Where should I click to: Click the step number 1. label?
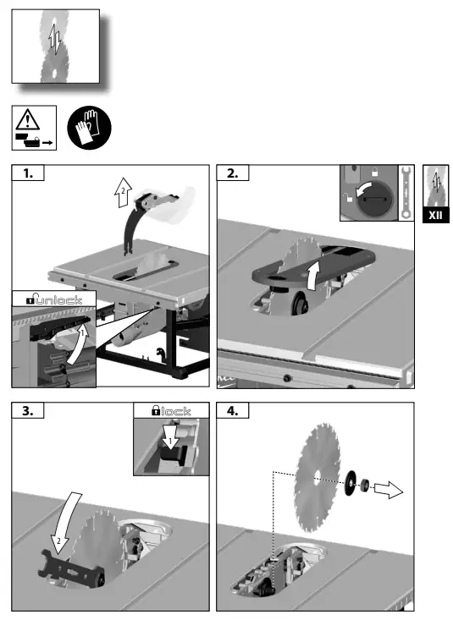click(29, 173)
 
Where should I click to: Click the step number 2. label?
click(233, 173)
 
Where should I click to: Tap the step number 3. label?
click(29, 412)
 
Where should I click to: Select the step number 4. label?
click(233, 412)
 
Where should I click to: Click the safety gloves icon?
click(88, 129)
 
